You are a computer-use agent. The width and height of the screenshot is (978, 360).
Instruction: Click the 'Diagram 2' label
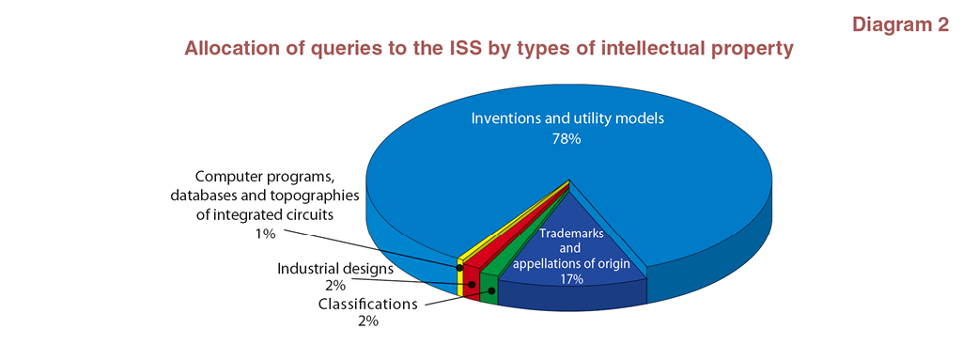click(900, 25)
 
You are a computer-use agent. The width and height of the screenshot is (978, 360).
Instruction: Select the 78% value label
click(567, 139)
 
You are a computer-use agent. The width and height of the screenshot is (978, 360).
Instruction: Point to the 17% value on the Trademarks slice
click(571, 279)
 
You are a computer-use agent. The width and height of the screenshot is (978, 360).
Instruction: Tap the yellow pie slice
click(462, 274)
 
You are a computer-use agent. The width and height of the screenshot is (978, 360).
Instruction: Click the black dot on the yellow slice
click(459, 267)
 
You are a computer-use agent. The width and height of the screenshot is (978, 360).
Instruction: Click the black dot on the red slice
click(473, 285)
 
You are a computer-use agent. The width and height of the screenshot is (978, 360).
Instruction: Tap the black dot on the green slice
click(491, 290)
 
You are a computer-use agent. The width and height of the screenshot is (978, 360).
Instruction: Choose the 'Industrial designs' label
click(335, 270)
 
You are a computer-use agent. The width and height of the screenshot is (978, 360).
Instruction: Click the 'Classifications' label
click(367, 305)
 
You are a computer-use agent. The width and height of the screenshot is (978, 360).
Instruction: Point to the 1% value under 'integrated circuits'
click(264, 234)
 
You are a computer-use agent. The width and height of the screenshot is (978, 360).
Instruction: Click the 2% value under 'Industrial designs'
click(334, 287)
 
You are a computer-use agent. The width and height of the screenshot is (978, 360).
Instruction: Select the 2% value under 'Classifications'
click(366, 322)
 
